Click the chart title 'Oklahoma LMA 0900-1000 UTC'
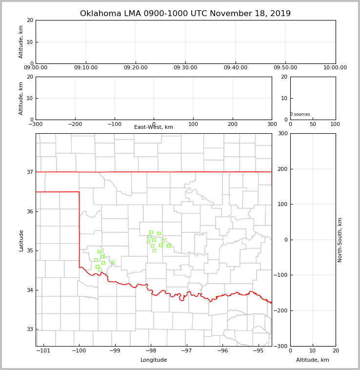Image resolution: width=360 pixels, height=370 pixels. [185, 14]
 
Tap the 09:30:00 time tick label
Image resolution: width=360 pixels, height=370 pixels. [185, 68]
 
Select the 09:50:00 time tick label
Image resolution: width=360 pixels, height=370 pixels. [285, 68]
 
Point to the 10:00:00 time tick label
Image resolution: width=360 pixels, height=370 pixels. [335, 68]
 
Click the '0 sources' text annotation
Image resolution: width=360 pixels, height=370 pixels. [300, 115]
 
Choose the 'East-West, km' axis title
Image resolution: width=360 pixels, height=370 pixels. [154, 127]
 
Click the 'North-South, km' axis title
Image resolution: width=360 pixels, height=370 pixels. [340, 240]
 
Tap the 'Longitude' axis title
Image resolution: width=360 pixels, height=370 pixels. [154, 360]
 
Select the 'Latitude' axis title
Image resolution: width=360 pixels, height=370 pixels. [21, 240]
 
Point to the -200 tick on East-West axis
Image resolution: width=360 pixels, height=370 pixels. [75, 124]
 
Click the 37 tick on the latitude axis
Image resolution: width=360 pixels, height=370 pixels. [30, 172]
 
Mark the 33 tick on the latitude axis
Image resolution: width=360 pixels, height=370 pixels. [30, 329]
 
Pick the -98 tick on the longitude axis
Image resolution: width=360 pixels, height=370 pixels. [151, 350]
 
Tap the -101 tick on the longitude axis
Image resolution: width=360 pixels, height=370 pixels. [43, 350]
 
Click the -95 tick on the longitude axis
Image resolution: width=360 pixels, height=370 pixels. [258, 350]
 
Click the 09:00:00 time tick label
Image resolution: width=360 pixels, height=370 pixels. [36, 68]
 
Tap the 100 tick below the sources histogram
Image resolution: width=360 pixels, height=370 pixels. [335, 124]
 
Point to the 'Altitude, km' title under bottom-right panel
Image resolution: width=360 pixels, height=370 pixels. [313, 360]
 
